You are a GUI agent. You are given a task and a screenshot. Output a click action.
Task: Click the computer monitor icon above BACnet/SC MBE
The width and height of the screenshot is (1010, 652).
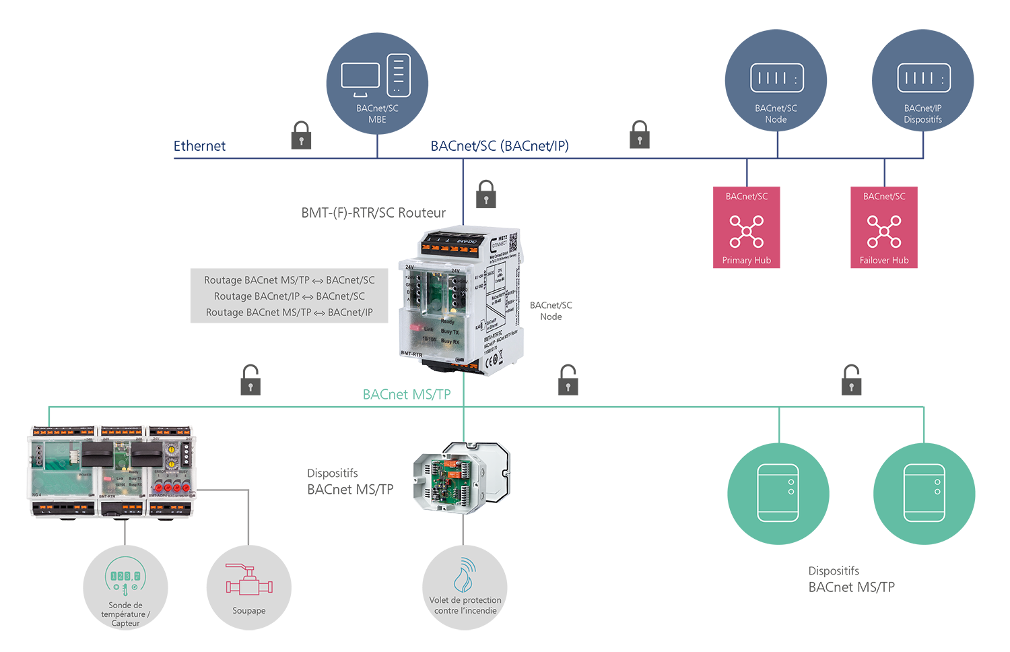click(360, 77)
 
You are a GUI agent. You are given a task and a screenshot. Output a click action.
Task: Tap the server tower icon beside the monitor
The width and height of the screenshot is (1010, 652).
click(399, 75)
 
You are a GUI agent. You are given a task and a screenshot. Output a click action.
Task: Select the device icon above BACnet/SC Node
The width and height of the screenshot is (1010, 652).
click(777, 78)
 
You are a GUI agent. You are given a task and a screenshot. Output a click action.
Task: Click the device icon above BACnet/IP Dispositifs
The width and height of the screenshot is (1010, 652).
click(924, 78)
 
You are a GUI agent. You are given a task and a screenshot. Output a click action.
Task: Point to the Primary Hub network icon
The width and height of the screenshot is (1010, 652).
click(747, 232)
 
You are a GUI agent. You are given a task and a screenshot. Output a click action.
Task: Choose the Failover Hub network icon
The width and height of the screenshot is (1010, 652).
click(884, 232)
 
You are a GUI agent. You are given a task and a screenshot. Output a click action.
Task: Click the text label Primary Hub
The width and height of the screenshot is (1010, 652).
click(747, 261)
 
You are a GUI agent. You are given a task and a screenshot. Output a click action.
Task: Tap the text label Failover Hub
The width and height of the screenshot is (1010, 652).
click(884, 261)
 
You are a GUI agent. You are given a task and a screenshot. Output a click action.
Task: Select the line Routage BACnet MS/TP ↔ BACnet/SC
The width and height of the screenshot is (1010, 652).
click(290, 280)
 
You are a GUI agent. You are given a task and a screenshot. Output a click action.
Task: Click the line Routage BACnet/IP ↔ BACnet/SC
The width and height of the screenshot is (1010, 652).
click(290, 296)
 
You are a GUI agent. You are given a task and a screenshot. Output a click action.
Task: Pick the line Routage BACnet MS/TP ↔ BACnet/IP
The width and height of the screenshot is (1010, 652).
click(290, 313)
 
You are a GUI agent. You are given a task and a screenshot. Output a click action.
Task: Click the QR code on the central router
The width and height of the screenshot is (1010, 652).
click(512, 242)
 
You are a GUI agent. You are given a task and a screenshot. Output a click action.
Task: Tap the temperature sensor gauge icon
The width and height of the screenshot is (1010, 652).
click(125, 577)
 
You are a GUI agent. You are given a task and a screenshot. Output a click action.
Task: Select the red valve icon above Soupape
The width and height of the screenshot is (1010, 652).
click(248, 580)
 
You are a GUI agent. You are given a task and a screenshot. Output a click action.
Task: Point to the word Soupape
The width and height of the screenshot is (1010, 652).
click(249, 611)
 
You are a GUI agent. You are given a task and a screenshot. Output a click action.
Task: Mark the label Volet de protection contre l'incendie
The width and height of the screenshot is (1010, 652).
click(465, 606)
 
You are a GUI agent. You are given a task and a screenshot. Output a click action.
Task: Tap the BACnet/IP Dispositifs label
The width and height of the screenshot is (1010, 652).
click(923, 114)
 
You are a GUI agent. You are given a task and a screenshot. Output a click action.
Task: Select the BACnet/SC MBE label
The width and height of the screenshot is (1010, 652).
click(377, 114)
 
